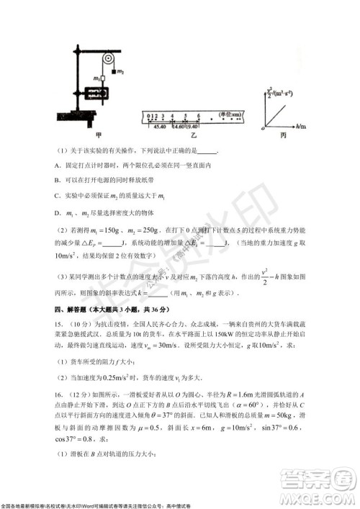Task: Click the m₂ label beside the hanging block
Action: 120,72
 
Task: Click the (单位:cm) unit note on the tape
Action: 229,115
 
